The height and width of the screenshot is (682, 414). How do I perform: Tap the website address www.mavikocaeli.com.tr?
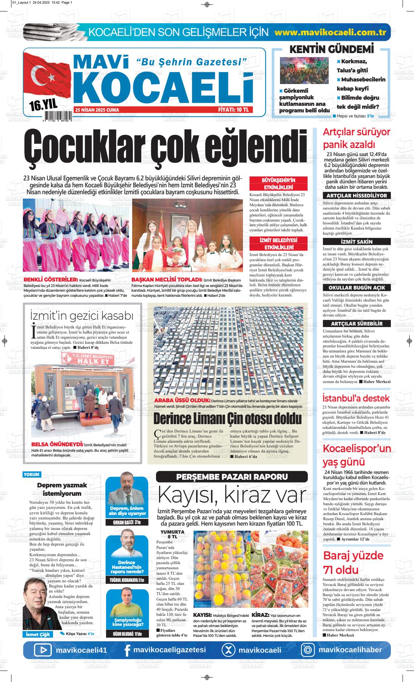pos(330,32)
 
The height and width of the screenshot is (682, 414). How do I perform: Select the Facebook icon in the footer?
pos(127,650)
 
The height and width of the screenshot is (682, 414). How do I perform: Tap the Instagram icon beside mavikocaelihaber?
pos(308,650)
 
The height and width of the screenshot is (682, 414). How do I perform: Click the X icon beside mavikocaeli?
pos(228,650)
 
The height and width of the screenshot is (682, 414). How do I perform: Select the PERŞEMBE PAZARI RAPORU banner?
pos(232,476)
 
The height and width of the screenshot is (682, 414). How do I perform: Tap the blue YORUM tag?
pos(32,474)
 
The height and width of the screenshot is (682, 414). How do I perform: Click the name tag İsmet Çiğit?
pos(37,634)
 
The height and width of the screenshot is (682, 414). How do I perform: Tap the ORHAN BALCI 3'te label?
pos(127,523)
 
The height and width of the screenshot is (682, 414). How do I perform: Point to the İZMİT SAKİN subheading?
pos(357,242)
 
